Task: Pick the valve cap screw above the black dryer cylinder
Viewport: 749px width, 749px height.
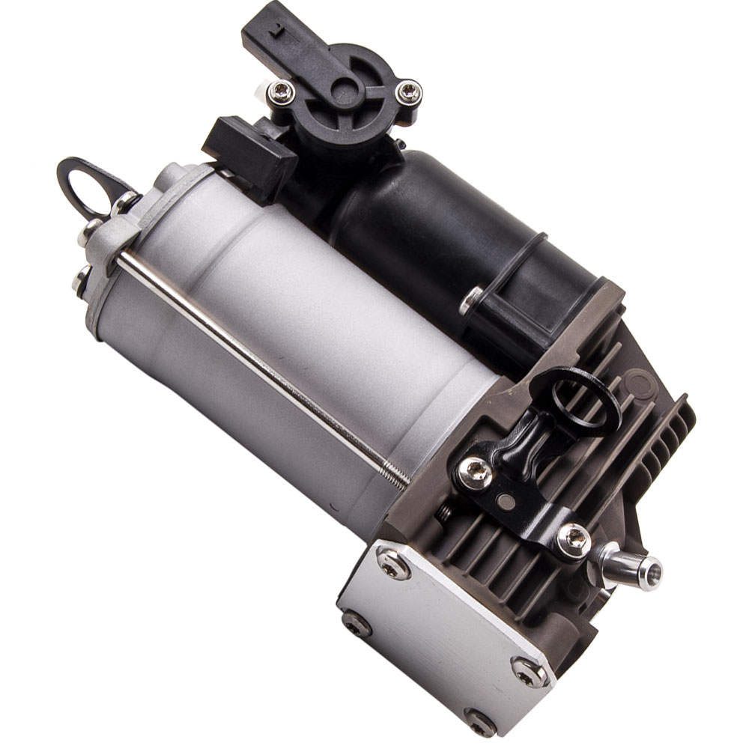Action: click(x=409, y=93)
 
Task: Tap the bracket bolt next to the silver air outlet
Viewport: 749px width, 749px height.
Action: click(x=574, y=539)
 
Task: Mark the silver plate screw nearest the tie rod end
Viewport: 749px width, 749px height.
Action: click(x=394, y=563)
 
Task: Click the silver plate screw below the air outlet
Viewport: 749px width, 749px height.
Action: click(x=528, y=673)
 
